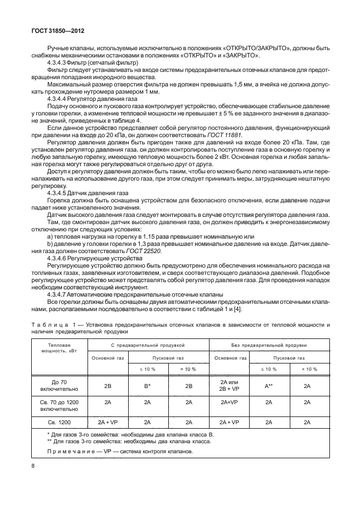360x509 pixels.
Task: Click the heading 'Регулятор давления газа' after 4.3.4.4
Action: point(106,98)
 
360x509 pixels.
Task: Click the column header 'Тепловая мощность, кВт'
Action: point(56,349)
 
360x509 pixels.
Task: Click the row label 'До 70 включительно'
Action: point(56,385)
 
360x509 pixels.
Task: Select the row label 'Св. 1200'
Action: point(56,422)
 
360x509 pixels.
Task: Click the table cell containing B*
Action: point(148,385)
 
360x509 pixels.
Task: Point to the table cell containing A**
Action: point(268,385)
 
